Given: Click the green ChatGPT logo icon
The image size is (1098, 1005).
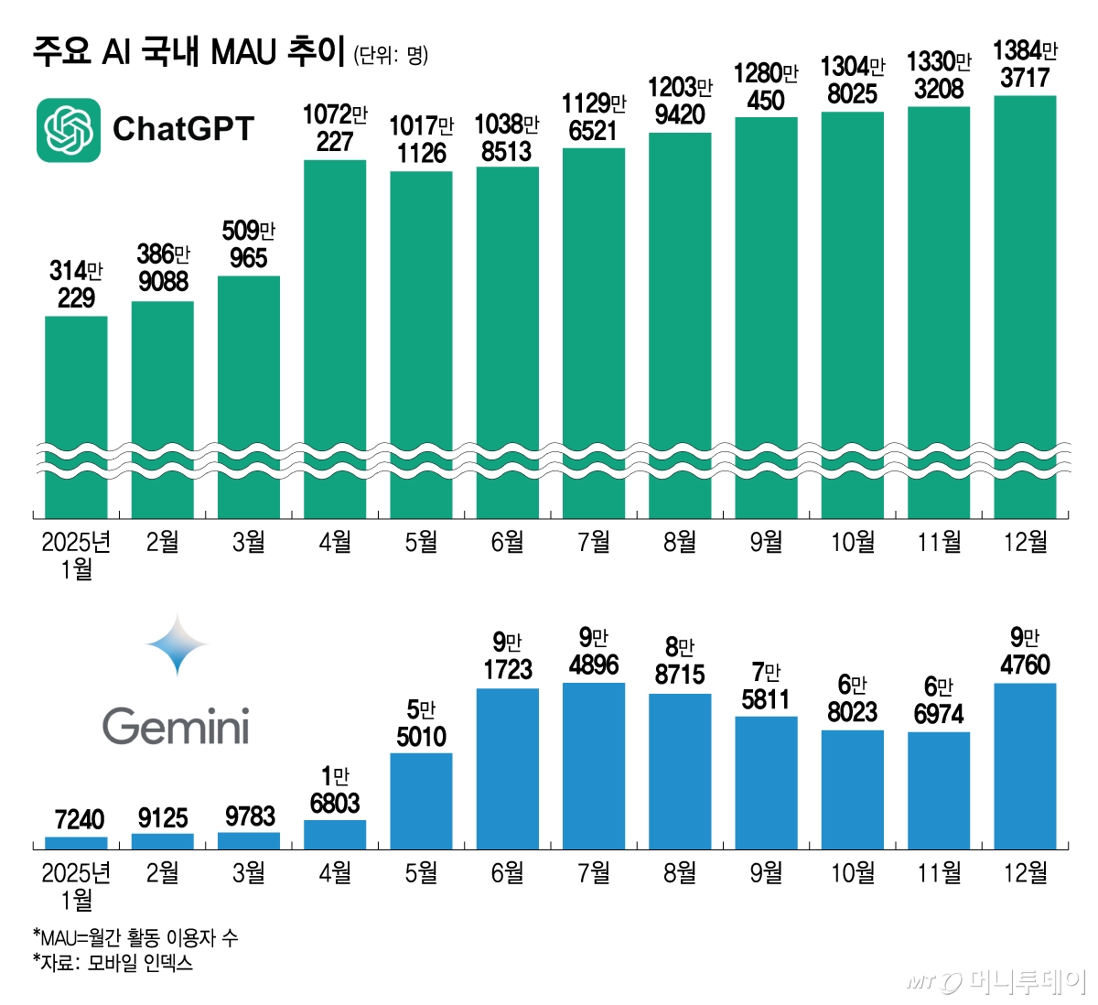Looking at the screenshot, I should point(69,130).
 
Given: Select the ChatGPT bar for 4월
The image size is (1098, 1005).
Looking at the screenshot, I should point(335,339).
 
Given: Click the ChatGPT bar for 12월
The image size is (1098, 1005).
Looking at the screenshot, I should point(1025,307).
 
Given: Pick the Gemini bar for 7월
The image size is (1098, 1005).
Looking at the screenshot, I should point(594,766).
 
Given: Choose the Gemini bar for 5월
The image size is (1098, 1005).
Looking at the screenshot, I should point(421,801).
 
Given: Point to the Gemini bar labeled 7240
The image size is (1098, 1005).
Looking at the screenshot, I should point(76,843).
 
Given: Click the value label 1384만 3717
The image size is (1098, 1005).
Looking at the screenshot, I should point(1025,64).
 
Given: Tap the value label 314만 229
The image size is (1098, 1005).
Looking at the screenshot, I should point(76,284).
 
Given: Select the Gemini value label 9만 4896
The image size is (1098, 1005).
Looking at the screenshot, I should point(594,651).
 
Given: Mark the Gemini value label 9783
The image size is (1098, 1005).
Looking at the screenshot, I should point(249,816).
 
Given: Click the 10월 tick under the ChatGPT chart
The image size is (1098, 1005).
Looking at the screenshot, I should point(852,543).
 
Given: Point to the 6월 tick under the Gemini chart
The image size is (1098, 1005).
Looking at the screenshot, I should point(507,873).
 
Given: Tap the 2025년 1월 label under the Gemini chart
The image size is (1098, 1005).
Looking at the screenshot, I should point(76,886).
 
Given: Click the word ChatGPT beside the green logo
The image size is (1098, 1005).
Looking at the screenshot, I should point(183,129).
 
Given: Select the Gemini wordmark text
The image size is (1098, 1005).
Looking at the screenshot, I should point(176,728).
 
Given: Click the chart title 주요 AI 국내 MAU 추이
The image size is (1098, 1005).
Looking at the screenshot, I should point(188,51).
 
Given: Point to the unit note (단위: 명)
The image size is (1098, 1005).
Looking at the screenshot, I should point(391,55).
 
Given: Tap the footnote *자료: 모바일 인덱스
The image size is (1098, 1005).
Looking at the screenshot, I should point(113,963).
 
